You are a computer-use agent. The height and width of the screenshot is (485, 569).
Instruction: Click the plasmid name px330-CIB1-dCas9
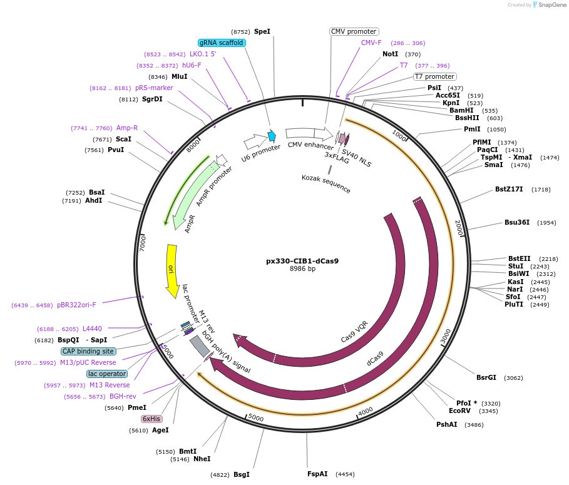302,261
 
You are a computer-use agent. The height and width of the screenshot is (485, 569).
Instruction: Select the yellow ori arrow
172,270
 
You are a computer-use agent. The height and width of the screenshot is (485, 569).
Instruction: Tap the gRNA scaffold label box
222,43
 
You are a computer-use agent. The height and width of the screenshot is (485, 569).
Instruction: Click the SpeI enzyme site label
262,31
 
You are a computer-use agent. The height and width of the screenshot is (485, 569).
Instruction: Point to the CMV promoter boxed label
354,31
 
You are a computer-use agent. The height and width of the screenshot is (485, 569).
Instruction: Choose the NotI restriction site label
390,54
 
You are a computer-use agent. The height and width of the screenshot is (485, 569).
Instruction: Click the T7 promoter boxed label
434,77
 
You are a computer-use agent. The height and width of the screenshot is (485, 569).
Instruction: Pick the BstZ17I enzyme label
509,189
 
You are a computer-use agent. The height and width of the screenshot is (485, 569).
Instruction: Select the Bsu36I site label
517,222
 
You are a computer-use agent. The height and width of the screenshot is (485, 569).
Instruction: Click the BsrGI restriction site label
486,377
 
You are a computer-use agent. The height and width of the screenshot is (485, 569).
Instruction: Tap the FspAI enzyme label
317,474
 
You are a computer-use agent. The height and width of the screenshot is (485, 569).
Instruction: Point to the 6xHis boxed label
151,419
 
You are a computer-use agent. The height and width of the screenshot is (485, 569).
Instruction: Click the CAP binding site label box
88,351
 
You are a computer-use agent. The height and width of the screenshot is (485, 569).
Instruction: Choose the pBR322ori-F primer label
76,305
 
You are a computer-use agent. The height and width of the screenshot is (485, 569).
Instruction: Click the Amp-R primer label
127,128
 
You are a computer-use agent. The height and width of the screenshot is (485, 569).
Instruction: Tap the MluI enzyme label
180,76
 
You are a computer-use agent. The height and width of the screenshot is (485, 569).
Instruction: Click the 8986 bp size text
302,269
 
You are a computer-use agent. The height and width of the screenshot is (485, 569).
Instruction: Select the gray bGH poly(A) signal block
199,347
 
